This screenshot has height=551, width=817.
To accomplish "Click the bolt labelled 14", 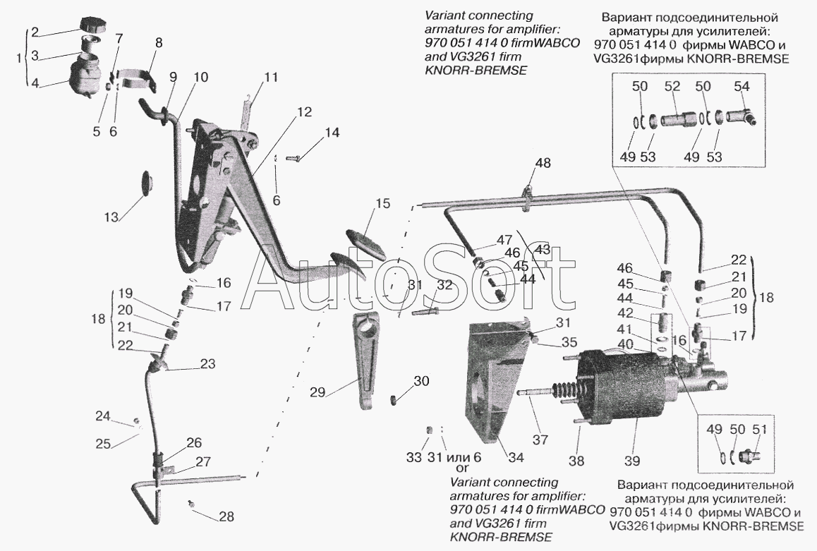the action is (294, 158).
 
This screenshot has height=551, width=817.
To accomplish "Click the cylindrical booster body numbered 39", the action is (621, 385).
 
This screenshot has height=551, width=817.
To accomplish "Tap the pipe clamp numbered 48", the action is (528, 196).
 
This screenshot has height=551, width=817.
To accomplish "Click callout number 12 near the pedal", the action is (304, 111).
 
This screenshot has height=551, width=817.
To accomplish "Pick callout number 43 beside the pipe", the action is (541, 249).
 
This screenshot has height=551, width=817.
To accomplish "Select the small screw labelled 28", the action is (191, 504).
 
